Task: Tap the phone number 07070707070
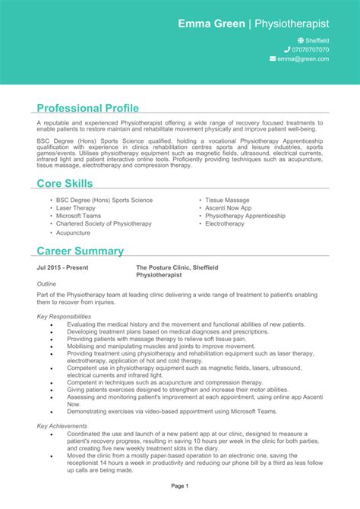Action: (308, 49)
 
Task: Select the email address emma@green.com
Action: (303, 58)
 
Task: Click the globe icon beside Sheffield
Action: (301, 40)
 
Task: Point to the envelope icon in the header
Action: (273, 58)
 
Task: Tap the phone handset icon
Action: (287, 49)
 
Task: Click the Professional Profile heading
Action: (87, 108)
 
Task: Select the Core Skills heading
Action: (65, 183)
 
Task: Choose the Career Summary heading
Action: (80, 251)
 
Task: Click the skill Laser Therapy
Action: (75, 207)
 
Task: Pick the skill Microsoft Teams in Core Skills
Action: (78, 216)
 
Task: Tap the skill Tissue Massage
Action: (227, 200)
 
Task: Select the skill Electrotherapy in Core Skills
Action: (225, 224)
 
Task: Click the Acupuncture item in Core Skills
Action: (73, 233)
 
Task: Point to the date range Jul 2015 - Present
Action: (62, 268)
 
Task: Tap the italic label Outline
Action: (46, 283)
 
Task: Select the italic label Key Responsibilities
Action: (64, 316)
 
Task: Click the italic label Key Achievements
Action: (62, 426)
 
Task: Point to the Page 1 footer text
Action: (179, 485)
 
